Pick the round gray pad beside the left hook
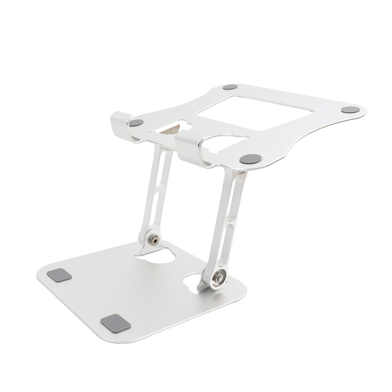pos(137,122)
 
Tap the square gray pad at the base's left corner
pos(60,275)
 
